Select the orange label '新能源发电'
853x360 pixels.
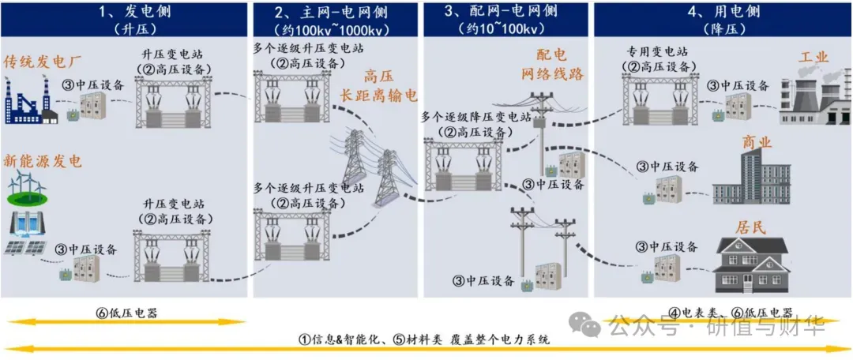point(43,161)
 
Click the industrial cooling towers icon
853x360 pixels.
point(814,99)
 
